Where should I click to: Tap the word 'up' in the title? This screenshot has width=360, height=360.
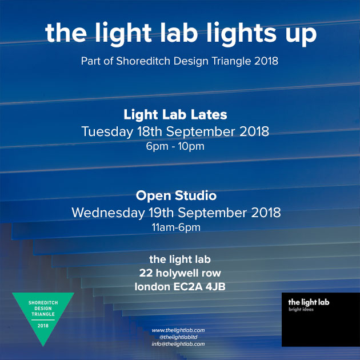tap(301, 36)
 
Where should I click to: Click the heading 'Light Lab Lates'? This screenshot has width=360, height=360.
tap(175, 114)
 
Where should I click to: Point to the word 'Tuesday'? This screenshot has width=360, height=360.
tap(107, 132)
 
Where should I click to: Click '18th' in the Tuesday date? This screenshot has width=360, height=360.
tap(150, 131)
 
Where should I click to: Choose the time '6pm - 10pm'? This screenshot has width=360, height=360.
tap(175, 146)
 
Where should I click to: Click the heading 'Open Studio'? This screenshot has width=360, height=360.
tap(176, 196)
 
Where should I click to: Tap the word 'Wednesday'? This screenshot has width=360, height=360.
tap(108, 213)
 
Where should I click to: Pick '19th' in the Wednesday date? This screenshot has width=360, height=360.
tap(161, 213)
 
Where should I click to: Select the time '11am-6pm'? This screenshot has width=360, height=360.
tap(176, 227)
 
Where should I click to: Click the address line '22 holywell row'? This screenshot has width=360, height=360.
tap(180, 273)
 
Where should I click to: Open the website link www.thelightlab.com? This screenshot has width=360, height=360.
tap(178, 330)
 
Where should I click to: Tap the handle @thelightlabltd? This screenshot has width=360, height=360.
tap(178, 337)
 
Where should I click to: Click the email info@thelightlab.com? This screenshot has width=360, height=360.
tap(178, 344)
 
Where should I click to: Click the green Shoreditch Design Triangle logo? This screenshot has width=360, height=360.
tap(43, 314)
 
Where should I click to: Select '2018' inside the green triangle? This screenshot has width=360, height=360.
tap(43, 326)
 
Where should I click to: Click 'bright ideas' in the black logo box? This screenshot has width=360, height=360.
tap(301, 310)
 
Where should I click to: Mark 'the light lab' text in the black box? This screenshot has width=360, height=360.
tap(309, 302)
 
